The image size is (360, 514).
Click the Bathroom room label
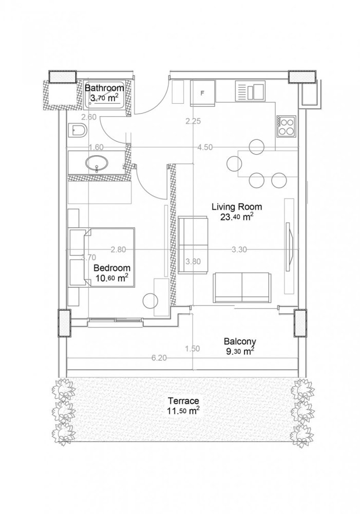(104, 88)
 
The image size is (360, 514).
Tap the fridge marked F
(202, 93)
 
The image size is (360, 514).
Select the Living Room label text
(237, 207)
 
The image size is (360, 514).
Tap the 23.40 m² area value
(237, 217)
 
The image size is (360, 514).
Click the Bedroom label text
(111, 268)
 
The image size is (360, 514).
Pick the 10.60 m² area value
(111, 279)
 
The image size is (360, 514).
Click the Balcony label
(240, 341)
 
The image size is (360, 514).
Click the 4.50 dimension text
(204, 147)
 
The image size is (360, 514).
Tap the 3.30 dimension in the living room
(240, 250)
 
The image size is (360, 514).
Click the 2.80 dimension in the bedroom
(118, 250)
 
